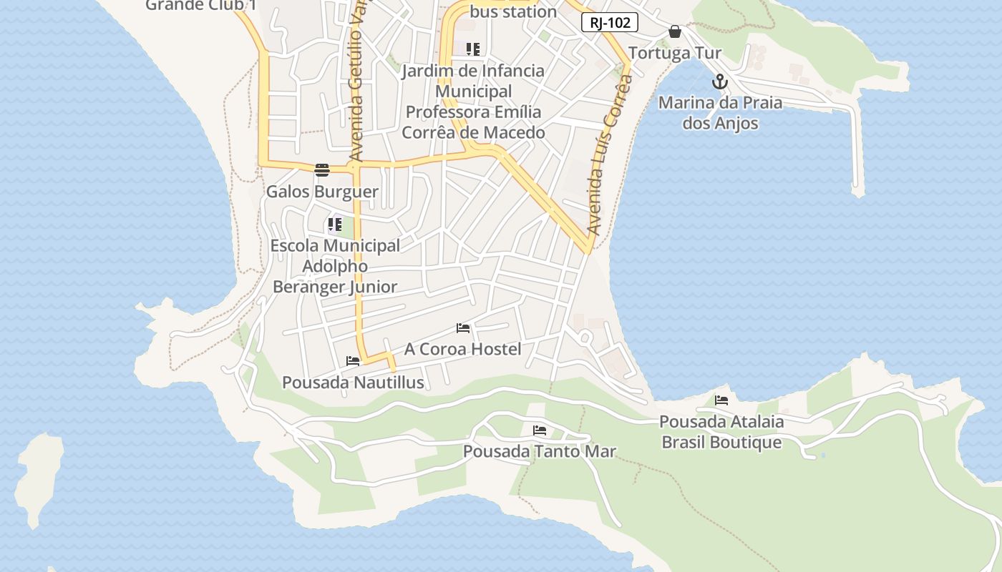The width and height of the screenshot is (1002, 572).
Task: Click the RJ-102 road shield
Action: pos(609,23)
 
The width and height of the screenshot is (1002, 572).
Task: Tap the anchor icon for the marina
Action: pos(720,82)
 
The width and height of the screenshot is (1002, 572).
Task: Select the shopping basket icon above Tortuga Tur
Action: pos(674,31)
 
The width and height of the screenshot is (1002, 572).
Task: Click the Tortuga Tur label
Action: pos(674,53)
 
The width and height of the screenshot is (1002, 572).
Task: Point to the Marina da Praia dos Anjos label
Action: pos(720,113)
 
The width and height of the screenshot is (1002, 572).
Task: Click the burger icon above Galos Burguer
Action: pos(322,170)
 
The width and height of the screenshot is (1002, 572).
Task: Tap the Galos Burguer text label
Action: pos(322,192)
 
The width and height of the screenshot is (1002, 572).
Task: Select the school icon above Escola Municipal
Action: pos(334,225)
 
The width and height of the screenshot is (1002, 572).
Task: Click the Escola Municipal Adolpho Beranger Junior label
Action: pos(335,266)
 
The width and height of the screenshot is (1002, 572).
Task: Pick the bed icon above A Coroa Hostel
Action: pos(463,328)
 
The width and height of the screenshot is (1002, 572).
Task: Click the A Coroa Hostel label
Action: pos(462,349)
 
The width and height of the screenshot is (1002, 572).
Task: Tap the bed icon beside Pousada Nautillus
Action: pos(353,361)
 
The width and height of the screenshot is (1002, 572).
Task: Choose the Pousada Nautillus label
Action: pos(353,383)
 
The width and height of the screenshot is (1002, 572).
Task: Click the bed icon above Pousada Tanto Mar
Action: pos(540,430)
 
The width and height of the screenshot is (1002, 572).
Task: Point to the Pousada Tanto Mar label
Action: pos(539,452)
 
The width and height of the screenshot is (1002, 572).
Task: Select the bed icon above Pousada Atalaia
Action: pos(721,400)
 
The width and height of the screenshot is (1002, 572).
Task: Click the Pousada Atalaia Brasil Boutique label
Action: pos(721,432)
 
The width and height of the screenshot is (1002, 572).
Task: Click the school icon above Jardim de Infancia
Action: pos(472,49)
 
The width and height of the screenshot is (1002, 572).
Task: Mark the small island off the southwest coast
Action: pos(39,479)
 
